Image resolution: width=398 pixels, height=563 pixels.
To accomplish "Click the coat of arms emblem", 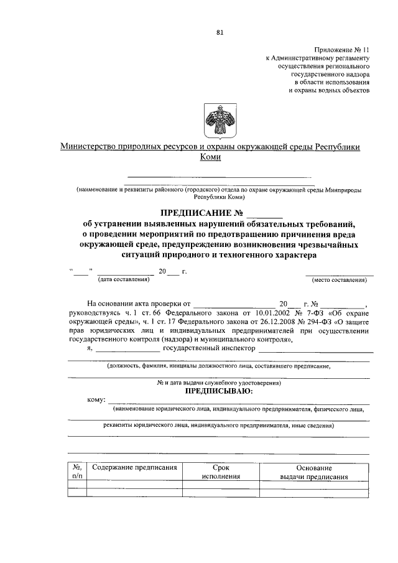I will pos(215,117).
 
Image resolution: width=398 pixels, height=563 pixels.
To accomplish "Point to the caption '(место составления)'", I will pos(339,280).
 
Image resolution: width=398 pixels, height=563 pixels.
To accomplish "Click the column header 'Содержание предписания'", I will pos(134,467).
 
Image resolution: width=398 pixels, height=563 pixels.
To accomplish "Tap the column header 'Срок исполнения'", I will pos(221,472).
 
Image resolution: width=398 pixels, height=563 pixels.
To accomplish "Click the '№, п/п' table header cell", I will pos(77,472).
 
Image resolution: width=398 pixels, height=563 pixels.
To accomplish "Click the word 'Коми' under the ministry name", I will pos(211,157).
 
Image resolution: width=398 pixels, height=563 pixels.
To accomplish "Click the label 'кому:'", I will pos(97,399).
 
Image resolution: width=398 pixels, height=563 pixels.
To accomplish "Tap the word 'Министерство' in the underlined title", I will pos(88,147).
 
